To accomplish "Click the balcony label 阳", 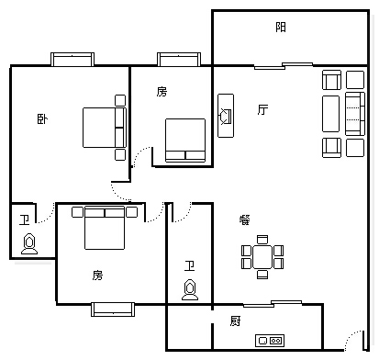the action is (281, 27).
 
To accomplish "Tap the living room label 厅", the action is (262, 109).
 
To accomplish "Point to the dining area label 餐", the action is (244, 219).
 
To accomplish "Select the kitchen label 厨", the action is (235, 321).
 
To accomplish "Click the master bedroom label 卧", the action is (42, 118).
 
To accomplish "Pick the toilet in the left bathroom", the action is (29, 243).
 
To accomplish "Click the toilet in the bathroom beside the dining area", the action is (190, 289).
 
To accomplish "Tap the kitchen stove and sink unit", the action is (270, 341).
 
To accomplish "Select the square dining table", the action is (262, 256).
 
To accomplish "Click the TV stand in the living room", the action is (226, 116).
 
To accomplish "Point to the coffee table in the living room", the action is (331, 114).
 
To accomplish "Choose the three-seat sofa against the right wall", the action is (355, 114).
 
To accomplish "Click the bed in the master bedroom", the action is (105, 128).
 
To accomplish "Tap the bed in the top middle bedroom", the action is (185, 141).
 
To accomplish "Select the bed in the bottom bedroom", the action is (105, 228).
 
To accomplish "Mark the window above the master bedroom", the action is (72, 60).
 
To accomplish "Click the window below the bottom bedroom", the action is (113, 309).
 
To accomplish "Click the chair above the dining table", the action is (262, 240).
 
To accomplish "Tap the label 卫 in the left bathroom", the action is (24, 219).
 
